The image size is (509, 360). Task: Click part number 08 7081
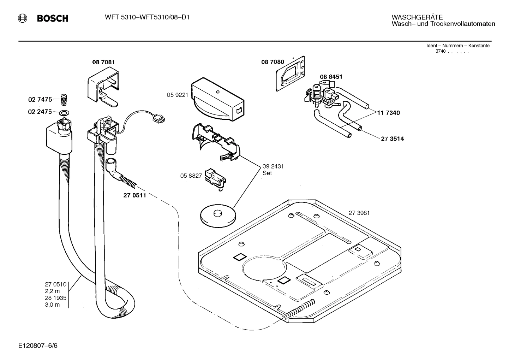tap(103, 62)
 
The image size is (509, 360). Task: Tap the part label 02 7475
tap(40, 100)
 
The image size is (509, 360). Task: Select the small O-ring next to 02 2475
tap(64, 113)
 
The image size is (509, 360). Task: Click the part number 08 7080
tap(273, 62)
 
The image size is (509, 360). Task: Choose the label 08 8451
tap(331, 77)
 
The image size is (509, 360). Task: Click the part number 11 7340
tap(388, 113)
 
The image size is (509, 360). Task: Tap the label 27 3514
tap(392, 139)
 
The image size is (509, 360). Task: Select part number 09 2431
tap(273, 166)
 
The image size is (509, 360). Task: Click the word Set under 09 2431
tap(267, 173)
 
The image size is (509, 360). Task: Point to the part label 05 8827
tap(191, 176)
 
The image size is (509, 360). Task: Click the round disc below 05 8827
tap(217, 216)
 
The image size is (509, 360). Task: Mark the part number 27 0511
tap(134, 195)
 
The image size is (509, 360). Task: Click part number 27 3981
tap(359, 213)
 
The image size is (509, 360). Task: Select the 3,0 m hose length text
tap(52, 305)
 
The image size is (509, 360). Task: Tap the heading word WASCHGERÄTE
tap(417, 17)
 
